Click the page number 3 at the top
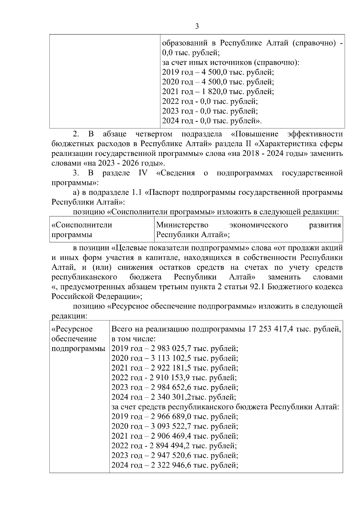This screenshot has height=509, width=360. coord(197,26)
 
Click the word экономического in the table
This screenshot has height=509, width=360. coord(258,225)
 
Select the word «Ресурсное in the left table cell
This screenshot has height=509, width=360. coord(72,329)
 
